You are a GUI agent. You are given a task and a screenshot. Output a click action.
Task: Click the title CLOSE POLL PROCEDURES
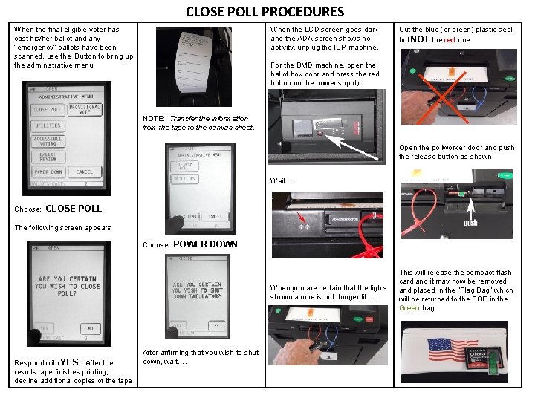point(265,11)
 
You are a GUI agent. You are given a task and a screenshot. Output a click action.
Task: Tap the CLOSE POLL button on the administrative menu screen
point(47,109)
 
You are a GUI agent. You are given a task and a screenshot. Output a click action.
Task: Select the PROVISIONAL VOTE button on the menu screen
point(85,109)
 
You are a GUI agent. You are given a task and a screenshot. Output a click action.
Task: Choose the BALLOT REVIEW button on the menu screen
point(48,157)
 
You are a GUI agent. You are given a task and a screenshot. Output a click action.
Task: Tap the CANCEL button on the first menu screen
point(85,172)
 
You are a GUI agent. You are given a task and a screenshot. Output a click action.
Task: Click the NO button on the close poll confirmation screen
point(90,327)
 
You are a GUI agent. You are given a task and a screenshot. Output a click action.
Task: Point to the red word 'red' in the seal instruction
point(450,40)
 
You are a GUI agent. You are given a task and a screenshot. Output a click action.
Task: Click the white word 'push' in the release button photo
point(470,222)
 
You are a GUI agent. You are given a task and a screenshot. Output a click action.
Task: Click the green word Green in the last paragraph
point(409,308)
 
